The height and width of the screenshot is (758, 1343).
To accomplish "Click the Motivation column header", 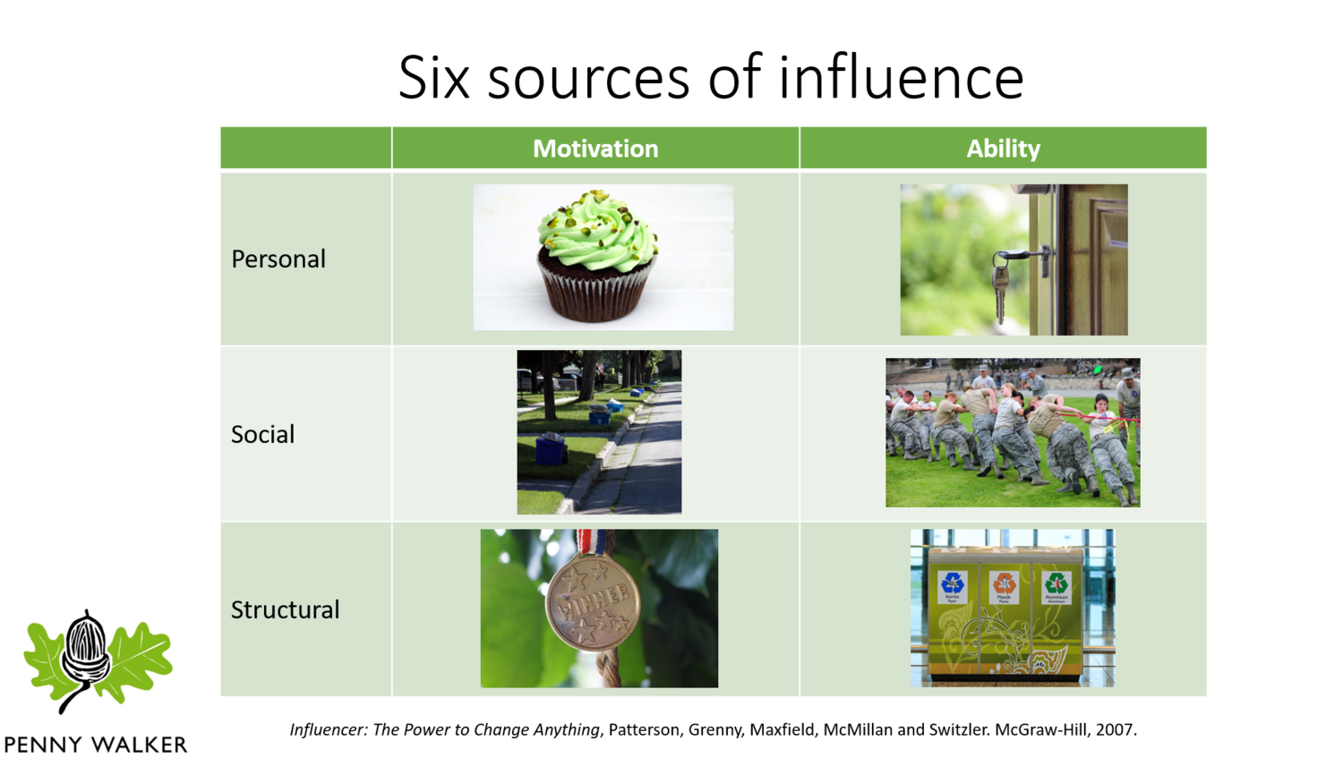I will pyautogui.click(x=595, y=149).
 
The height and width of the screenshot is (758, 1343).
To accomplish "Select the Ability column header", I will pyautogui.click(x=1003, y=149).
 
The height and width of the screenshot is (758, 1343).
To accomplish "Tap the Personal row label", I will pyautogui.click(x=278, y=259).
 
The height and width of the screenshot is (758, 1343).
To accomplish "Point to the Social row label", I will pyautogui.click(x=262, y=434).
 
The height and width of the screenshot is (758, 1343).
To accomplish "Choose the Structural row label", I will pyautogui.click(x=285, y=609).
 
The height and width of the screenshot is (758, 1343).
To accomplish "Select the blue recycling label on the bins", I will pyautogui.click(x=953, y=587).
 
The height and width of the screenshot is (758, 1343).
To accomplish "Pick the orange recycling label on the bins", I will pyautogui.click(x=1005, y=587).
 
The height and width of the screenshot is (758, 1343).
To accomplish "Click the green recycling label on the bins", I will pyautogui.click(x=1056, y=587).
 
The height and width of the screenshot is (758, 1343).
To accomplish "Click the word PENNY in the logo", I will pyautogui.click(x=42, y=745).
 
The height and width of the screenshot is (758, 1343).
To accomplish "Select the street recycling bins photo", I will pyautogui.click(x=599, y=432).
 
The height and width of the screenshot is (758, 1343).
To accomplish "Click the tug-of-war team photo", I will pyautogui.click(x=1013, y=432).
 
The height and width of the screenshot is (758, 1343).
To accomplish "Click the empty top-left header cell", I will pyautogui.click(x=305, y=149).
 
